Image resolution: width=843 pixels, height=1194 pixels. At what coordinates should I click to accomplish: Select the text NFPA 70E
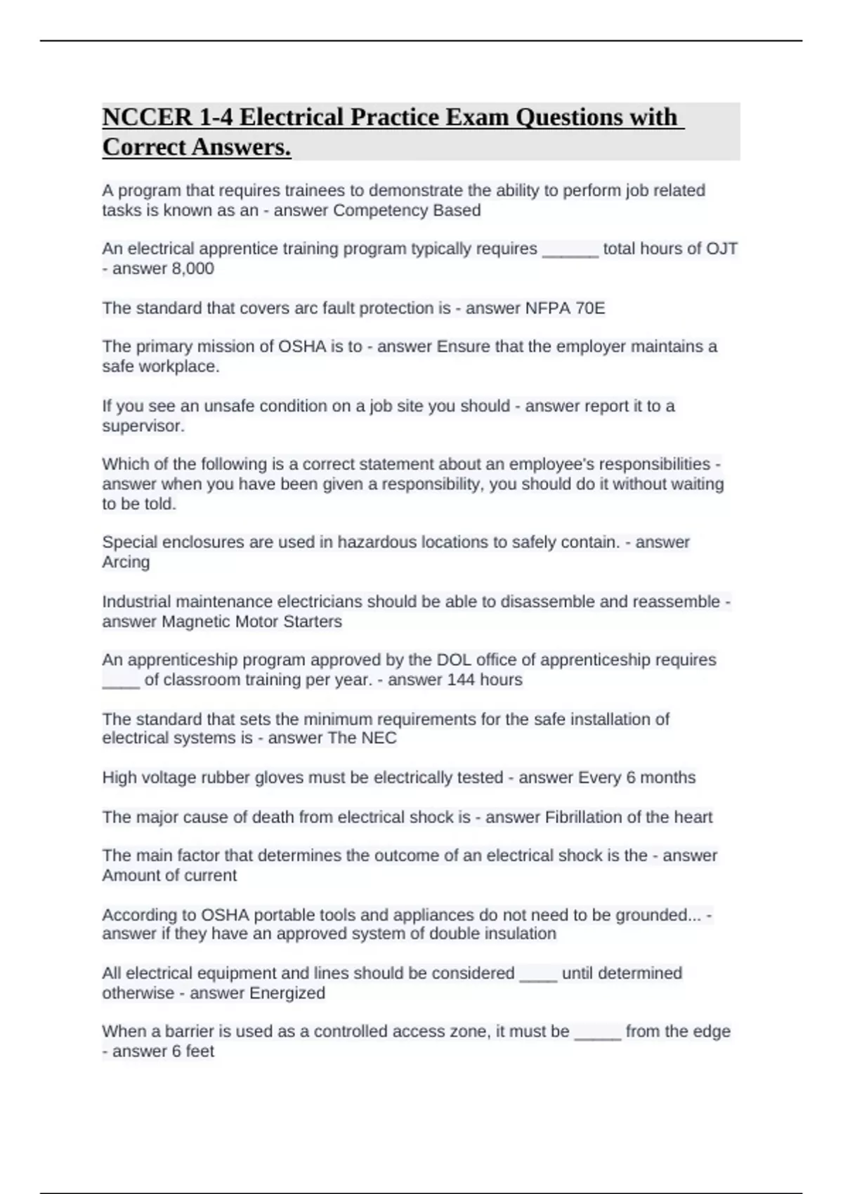click(565, 308)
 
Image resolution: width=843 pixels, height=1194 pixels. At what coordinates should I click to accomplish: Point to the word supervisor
click(143, 426)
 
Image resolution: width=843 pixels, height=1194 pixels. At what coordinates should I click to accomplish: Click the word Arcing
click(126, 562)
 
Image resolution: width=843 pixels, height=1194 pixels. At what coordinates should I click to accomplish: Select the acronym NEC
click(379, 737)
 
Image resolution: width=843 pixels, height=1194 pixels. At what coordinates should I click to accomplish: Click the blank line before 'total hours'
click(570, 254)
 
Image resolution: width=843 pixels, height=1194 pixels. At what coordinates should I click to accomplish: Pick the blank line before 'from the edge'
click(597, 1037)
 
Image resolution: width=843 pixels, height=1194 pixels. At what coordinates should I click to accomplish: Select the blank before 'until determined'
click(537, 978)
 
